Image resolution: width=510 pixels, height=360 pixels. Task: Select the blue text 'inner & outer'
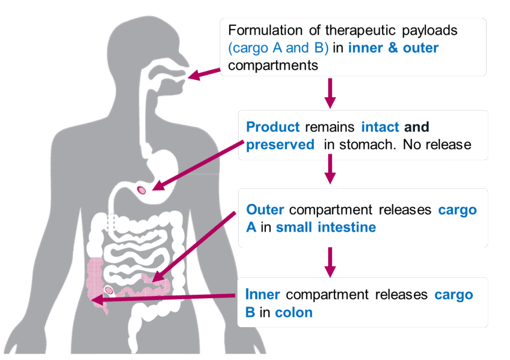click(393, 48)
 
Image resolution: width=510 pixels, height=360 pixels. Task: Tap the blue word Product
click(273, 126)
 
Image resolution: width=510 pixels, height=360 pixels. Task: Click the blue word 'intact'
click(380, 126)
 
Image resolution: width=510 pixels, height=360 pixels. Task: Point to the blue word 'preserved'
click(280, 145)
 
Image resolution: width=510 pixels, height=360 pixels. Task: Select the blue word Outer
click(265, 209)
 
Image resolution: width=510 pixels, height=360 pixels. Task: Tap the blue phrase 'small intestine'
click(326, 228)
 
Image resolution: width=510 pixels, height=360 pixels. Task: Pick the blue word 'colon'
click(294, 313)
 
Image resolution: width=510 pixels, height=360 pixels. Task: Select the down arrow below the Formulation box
click(330, 93)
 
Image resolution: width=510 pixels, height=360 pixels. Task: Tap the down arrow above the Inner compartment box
click(330, 262)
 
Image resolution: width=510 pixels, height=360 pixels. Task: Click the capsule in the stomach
click(142, 189)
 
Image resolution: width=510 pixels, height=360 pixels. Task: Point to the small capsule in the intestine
click(108, 289)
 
